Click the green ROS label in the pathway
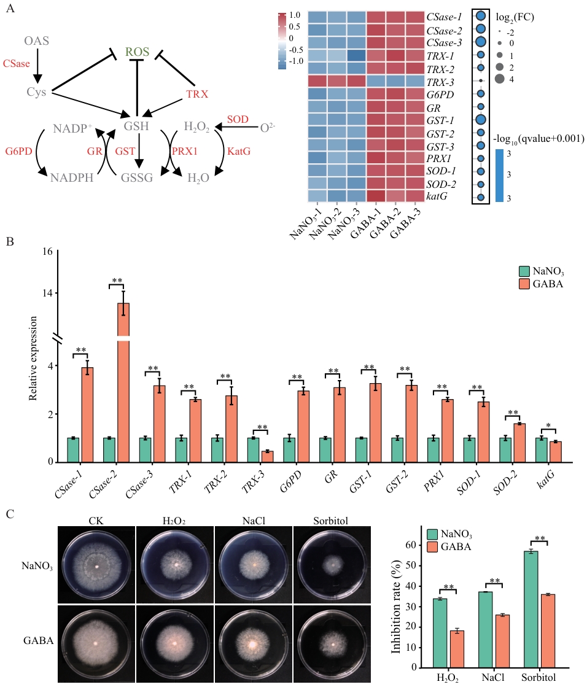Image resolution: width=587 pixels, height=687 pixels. click(x=137, y=52)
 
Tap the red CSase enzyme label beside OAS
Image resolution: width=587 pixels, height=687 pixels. click(x=16, y=63)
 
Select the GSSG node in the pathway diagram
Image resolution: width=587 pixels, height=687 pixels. click(x=137, y=177)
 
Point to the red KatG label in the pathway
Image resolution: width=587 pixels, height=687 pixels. click(x=239, y=151)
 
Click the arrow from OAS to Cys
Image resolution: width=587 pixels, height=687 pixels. click(x=37, y=66)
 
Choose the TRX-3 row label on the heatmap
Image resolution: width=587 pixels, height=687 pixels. click(x=440, y=82)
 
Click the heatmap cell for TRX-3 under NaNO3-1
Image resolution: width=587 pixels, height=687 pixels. click(x=317, y=82)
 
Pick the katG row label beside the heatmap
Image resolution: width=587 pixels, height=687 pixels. click(x=437, y=196)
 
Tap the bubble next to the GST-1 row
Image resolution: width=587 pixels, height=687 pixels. click(x=481, y=120)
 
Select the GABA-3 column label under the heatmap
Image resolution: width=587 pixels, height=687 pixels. click(x=405, y=223)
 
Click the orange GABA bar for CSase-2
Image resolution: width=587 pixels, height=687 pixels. click(x=123, y=382)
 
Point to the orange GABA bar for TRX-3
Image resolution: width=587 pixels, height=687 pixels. click(x=267, y=456)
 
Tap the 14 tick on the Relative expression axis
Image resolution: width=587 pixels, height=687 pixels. click(x=47, y=293)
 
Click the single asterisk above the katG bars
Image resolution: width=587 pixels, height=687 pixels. click(x=548, y=426)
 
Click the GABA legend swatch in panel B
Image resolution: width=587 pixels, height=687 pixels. click(x=524, y=284)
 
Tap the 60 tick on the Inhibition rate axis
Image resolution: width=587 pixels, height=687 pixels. click(x=411, y=545)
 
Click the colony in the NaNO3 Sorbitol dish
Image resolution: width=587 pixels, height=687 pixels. click(x=332, y=565)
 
